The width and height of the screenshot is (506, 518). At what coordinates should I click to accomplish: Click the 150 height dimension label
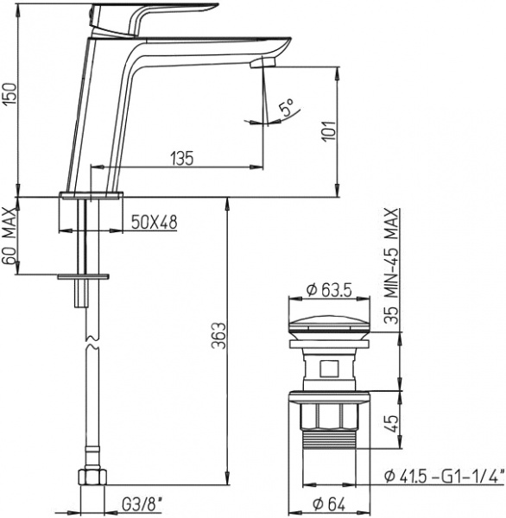9,102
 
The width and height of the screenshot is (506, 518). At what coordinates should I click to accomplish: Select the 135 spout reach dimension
180,158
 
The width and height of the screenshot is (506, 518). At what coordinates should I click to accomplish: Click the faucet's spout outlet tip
262,63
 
